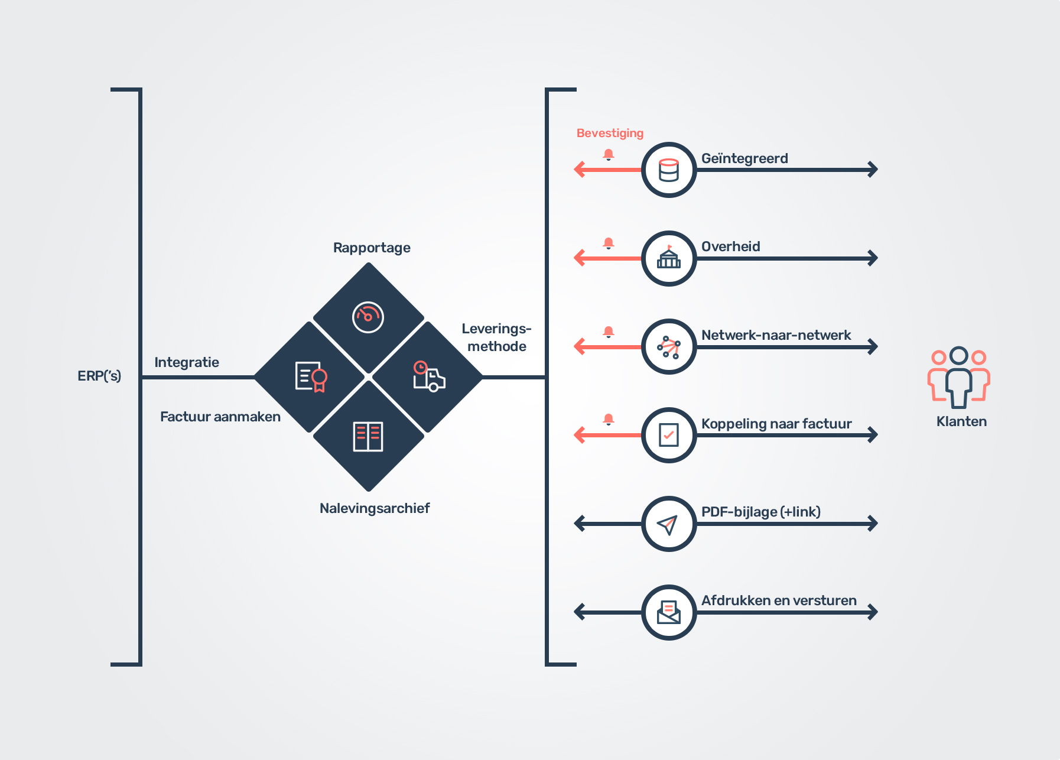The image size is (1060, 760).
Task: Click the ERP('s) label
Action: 99,376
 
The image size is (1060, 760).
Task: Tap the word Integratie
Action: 187,362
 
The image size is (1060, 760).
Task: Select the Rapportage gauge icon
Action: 368,317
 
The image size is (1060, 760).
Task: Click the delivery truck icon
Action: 429,376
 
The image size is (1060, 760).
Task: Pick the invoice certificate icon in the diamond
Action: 311,376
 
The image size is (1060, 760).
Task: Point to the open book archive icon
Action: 368,437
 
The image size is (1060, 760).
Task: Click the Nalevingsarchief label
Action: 375,508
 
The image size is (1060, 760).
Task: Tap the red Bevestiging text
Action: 610,133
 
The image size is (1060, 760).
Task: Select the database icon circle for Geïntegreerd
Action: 669,170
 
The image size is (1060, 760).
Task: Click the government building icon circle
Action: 669,258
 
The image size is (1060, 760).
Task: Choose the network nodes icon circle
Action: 669,347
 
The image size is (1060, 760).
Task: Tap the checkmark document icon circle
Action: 669,435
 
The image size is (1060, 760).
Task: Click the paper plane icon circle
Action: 669,524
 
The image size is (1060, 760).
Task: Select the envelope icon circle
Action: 669,612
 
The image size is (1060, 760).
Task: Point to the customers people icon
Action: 958,377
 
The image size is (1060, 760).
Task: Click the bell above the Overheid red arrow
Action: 609,243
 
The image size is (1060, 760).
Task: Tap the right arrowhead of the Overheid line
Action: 873,258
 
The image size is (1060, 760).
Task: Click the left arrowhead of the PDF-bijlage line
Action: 579,524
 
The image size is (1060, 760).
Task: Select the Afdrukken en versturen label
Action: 779,600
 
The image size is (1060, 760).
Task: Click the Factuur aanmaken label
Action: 220,417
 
